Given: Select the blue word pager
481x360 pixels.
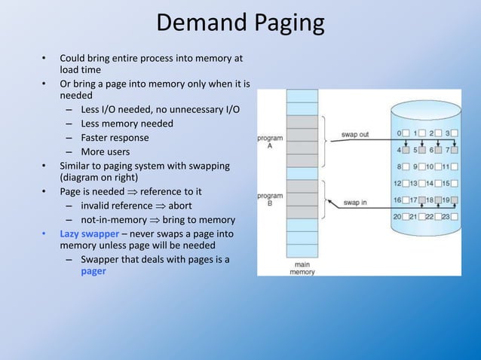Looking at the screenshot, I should click(93, 272).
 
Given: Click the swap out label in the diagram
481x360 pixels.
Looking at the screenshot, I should click(355, 135).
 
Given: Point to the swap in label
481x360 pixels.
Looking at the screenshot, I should click(355, 202).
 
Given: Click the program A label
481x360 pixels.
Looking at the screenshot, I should click(270, 143).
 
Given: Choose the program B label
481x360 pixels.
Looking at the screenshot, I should click(270, 200).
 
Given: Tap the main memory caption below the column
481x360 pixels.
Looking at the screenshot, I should click(302, 267).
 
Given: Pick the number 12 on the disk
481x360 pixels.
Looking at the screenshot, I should click(396, 183).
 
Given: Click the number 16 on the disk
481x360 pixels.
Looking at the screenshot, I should click(396, 200).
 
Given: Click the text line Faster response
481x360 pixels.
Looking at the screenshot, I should click(115, 138).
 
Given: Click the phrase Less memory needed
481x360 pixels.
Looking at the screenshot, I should click(127, 124).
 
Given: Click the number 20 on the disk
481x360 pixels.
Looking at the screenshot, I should click(396, 216).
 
